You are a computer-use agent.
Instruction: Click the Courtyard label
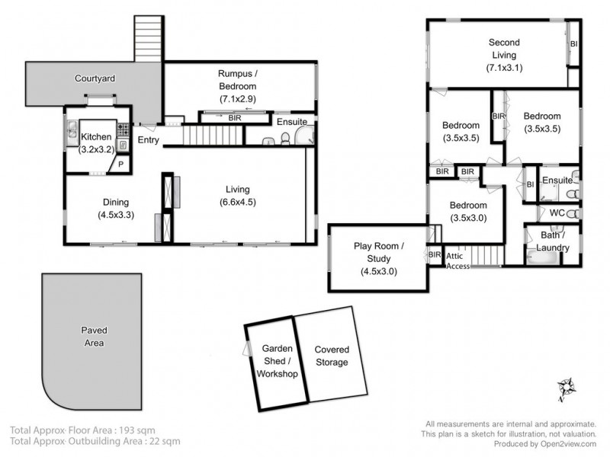94,78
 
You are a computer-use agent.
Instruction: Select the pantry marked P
120,165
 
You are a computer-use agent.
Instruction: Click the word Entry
149,141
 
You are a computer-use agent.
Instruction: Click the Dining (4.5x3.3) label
115,209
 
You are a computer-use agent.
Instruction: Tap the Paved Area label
94,336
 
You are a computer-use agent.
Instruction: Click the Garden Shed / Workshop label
275,362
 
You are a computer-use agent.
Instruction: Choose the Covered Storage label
331,356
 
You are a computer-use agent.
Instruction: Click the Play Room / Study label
378,258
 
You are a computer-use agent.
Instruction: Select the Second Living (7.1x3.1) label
502,55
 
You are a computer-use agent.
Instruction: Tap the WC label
557,213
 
